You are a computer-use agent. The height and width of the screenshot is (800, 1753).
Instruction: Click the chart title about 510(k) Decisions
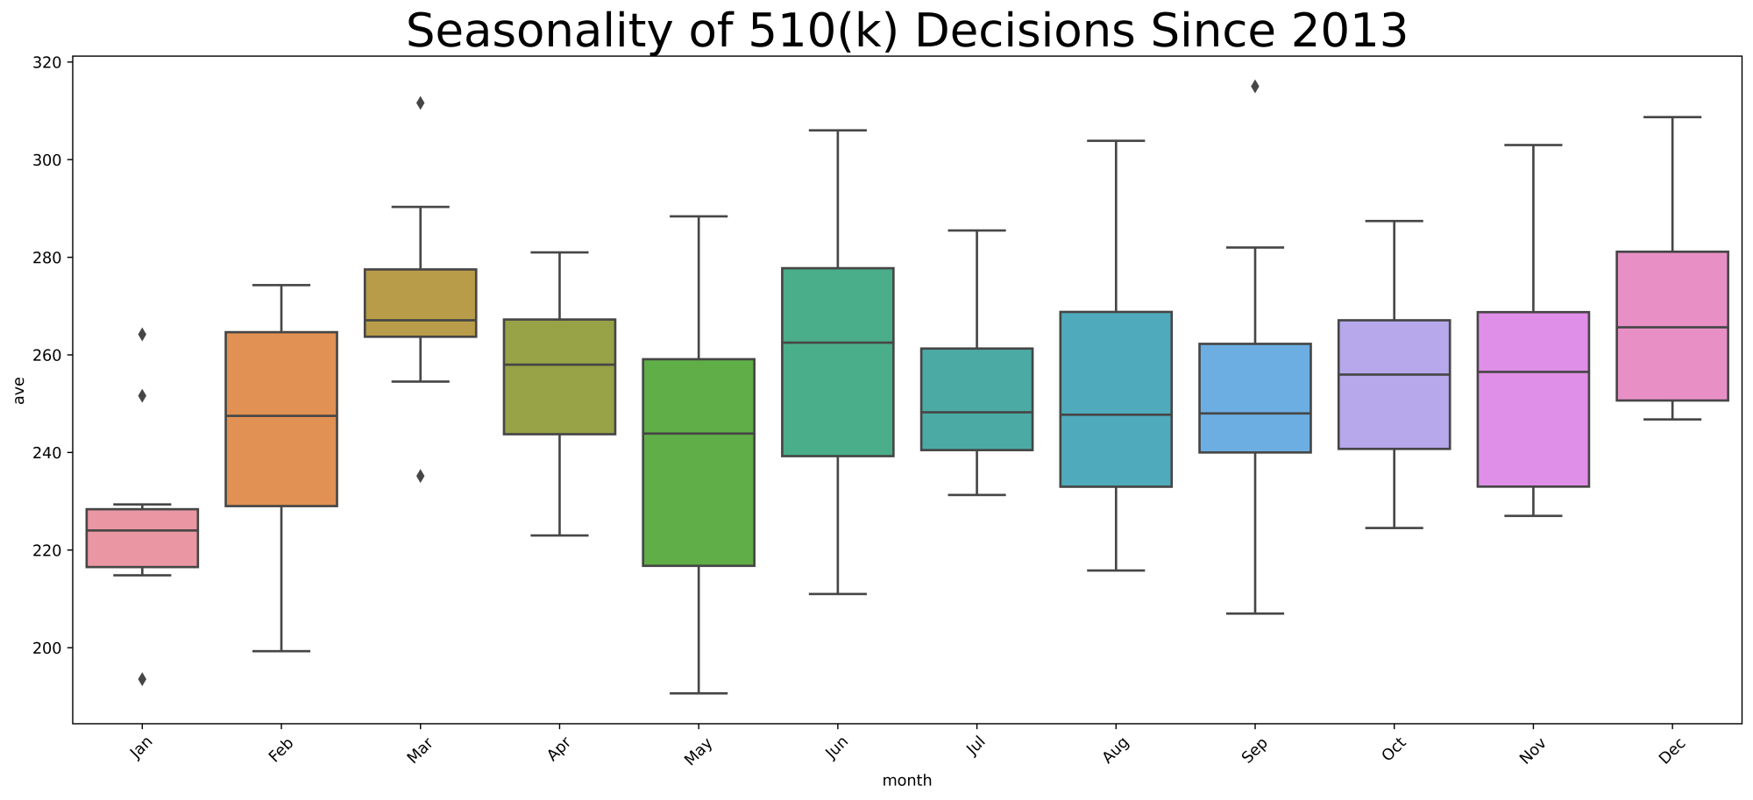pos(906,32)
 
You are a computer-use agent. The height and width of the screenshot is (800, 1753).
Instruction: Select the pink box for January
pos(142,538)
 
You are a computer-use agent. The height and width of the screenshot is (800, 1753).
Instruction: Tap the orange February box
pos(281,419)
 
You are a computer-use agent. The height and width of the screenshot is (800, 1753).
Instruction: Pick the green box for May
pos(699,463)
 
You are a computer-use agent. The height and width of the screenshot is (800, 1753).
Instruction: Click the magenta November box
pos(1533,399)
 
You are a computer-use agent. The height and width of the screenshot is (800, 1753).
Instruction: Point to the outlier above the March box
pos(420,103)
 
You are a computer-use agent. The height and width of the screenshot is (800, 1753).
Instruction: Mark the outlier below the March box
pos(420,476)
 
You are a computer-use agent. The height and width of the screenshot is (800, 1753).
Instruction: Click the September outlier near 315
pos(1254,86)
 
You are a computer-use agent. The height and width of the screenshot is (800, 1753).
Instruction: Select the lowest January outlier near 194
pos(142,679)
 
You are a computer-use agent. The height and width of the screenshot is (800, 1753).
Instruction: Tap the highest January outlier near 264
pos(142,334)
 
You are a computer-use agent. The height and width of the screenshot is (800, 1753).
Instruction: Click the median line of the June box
pos(837,343)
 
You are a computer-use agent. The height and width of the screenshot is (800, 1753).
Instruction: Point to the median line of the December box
pos(1671,328)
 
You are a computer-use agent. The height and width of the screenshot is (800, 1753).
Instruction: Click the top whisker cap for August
pos(1116,140)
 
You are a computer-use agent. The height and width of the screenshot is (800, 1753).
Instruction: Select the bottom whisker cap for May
pos(699,693)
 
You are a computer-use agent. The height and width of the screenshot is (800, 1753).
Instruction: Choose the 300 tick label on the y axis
pos(49,160)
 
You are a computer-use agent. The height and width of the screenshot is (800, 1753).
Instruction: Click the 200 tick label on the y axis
pos(49,648)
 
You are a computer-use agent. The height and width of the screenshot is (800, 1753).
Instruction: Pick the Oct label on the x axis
pos(1395,751)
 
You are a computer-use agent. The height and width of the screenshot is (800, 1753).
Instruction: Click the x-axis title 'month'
pos(906,781)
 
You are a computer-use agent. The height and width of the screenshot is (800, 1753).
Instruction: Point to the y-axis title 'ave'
pos(19,389)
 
